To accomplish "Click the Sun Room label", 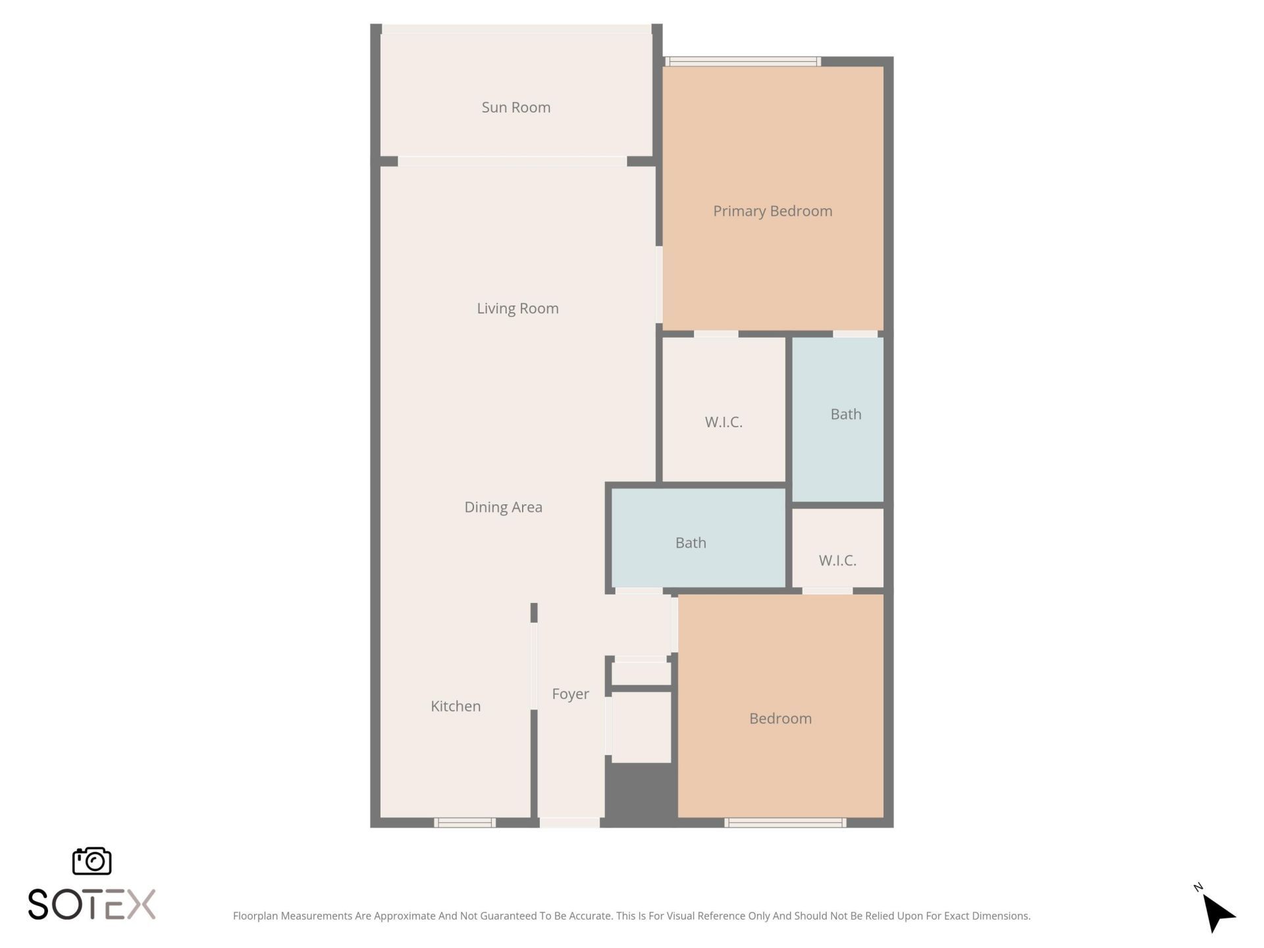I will pyautogui.click(x=515, y=107).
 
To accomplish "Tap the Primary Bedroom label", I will pyautogui.click(x=772, y=211).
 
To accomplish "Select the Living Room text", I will pyautogui.click(x=517, y=308).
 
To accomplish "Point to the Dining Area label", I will pyautogui.click(x=503, y=507).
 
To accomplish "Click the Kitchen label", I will pyautogui.click(x=456, y=706).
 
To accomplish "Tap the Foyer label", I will pyautogui.click(x=570, y=694).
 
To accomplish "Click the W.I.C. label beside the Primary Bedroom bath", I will pyautogui.click(x=724, y=422).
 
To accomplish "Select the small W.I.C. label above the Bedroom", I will pyautogui.click(x=837, y=560).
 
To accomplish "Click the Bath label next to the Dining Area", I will pyautogui.click(x=691, y=543).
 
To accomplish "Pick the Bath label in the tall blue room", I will pyautogui.click(x=846, y=414).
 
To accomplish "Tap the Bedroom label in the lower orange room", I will pyautogui.click(x=780, y=718).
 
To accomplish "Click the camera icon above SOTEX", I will pyautogui.click(x=92, y=860).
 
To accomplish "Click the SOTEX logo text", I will pyautogui.click(x=92, y=904).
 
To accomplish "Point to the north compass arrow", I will pyautogui.click(x=1217, y=912).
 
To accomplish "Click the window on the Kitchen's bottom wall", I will pyautogui.click(x=465, y=822).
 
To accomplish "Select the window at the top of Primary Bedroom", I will pyautogui.click(x=743, y=61).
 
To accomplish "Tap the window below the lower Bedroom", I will pyautogui.click(x=785, y=822).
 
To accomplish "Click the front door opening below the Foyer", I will pyautogui.click(x=569, y=822).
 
